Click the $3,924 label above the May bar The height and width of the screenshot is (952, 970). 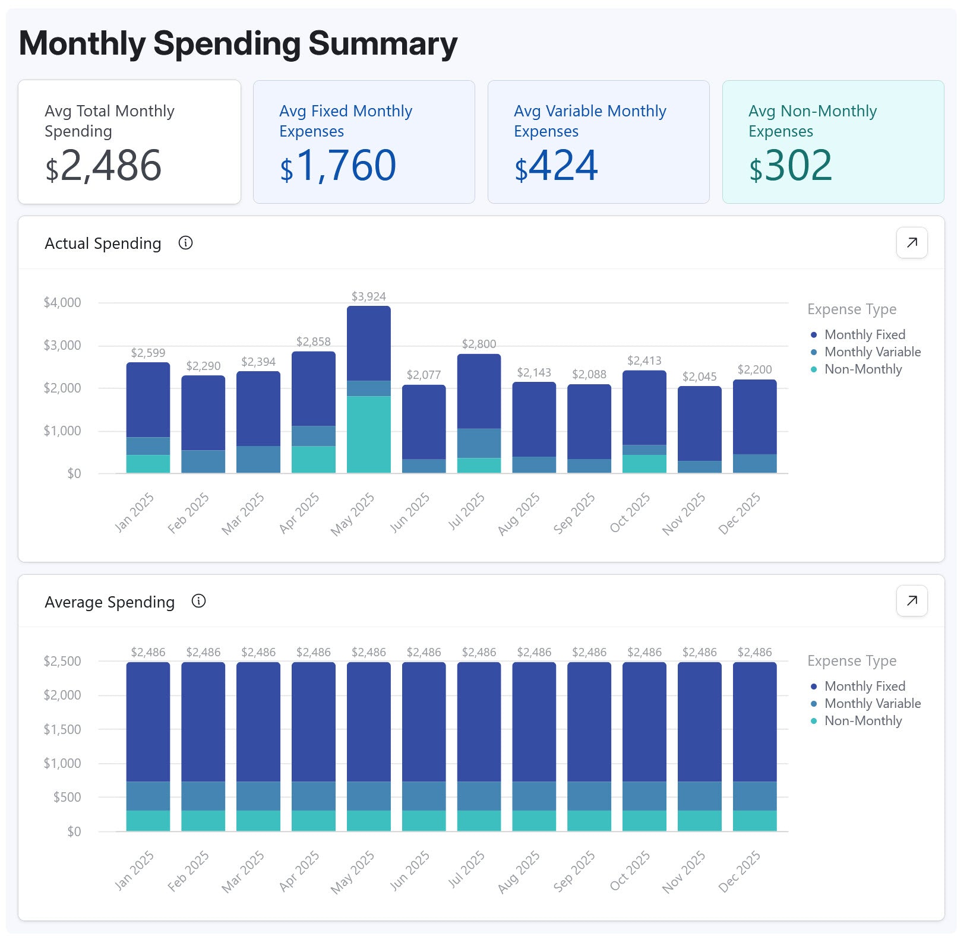tap(368, 296)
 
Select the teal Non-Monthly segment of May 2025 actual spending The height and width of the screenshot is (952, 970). tap(368, 434)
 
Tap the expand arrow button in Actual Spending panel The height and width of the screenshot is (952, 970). tap(911, 242)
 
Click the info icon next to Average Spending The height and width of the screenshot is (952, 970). tap(198, 601)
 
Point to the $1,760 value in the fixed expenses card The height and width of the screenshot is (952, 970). tap(338, 166)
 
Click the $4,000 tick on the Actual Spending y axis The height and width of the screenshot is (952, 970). tap(62, 302)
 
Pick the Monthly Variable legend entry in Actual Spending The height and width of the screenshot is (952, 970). tap(872, 352)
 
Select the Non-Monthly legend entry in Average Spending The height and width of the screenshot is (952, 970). tap(862, 720)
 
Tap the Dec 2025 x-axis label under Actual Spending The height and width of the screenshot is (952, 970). tap(740, 513)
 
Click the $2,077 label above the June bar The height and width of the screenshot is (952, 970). tap(424, 375)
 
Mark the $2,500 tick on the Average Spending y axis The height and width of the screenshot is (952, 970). tap(62, 661)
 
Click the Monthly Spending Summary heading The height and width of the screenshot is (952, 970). tap(238, 43)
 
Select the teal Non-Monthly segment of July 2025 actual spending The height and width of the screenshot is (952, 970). tap(479, 465)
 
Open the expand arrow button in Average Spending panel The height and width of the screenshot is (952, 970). tap(911, 600)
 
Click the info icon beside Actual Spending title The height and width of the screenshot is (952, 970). tap(185, 243)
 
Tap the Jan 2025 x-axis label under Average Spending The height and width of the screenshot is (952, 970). tap(134, 871)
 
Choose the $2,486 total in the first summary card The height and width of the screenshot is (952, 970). tap(103, 166)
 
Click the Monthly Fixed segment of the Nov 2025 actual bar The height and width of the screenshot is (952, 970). tap(699, 423)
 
